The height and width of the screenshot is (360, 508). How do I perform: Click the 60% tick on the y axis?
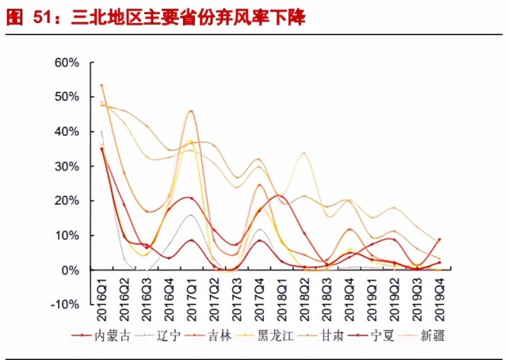click(x=67, y=62)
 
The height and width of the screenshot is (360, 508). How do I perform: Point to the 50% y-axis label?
click(x=67, y=97)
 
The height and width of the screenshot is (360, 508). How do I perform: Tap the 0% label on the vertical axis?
click(x=70, y=270)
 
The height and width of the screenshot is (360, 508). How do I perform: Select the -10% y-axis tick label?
click(x=65, y=304)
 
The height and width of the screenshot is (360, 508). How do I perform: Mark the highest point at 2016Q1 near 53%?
click(x=101, y=85)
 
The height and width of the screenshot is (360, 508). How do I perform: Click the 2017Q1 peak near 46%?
click(x=191, y=111)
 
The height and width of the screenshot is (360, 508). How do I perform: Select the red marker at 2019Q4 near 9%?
click(x=438, y=239)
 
